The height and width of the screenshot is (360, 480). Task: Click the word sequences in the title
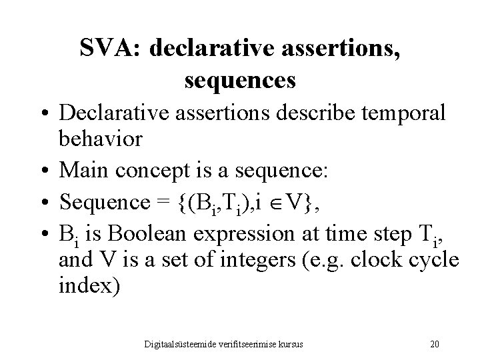[x=239, y=81]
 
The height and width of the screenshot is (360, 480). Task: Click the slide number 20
[x=435, y=344]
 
